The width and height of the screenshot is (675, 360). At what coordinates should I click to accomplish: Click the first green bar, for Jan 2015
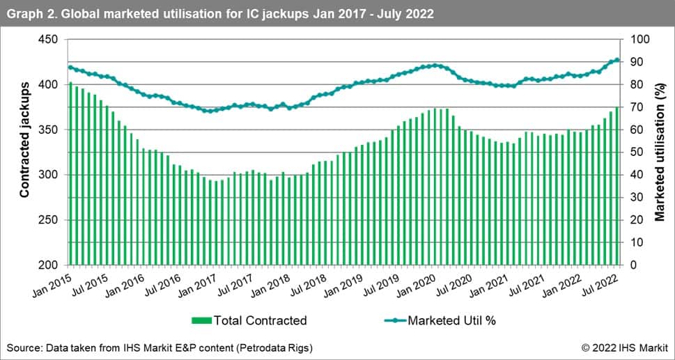coord(70,174)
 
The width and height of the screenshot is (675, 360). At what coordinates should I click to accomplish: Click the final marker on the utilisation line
coord(617,60)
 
